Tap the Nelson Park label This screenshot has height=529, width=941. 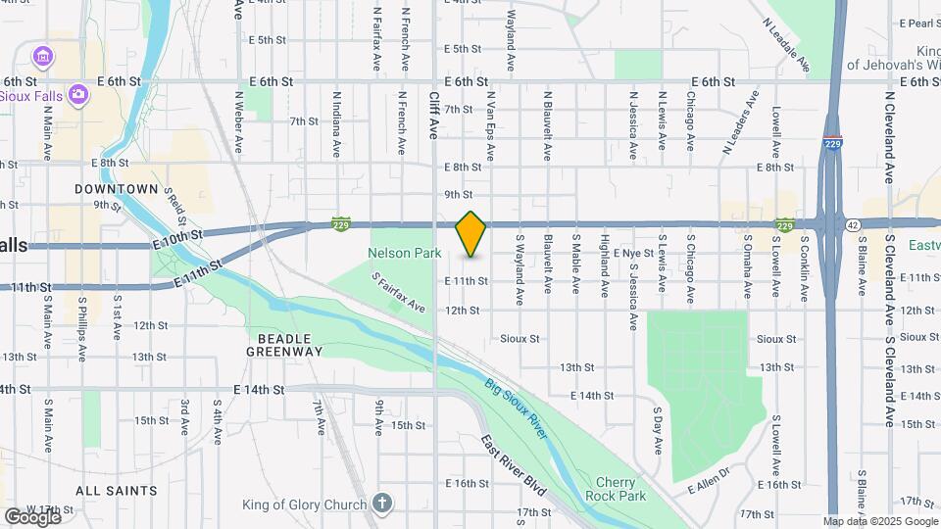(400, 253)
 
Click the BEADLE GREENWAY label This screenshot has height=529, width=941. (284, 343)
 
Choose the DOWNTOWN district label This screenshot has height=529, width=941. (117, 188)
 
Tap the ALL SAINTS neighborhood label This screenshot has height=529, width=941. (116, 490)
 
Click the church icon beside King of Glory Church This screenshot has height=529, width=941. (382, 505)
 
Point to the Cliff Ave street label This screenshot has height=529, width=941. (434, 115)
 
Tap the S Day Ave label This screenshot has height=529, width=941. (658, 420)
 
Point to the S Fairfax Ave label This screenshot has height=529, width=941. (398, 293)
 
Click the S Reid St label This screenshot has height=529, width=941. (175, 205)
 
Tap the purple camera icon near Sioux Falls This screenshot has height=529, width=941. (78, 94)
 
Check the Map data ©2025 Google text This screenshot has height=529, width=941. (879, 521)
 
